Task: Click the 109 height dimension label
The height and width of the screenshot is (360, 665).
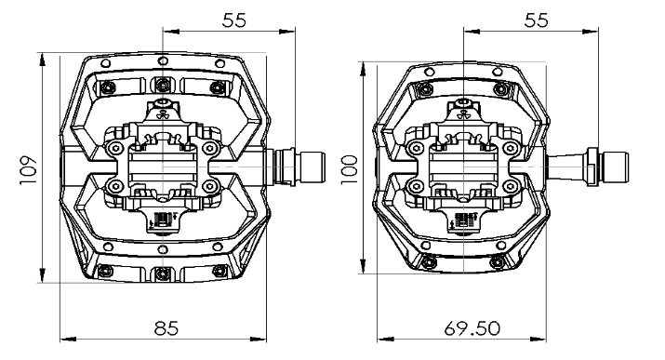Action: (x=29, y=170)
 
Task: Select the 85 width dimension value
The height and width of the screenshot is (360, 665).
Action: (x=166, y=328)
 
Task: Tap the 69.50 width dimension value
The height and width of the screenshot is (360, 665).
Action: (x=472, y=328)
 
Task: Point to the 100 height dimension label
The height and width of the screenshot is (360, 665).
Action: (x=350, y=169)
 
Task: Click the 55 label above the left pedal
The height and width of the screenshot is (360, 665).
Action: (x=234, y=20)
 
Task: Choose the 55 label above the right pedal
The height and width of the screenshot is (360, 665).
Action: (x=536, y=20)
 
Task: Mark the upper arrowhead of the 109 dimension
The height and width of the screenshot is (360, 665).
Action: (x=42, y=60)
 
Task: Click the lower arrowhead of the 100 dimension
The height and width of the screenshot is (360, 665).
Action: (x=363, y=266)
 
